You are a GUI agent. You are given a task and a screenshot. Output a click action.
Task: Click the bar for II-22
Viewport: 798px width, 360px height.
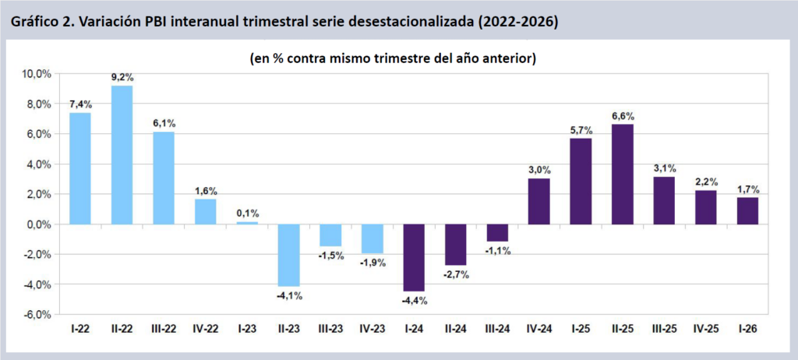tap(122, 155)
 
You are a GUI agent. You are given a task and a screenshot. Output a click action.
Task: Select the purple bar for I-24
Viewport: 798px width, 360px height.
tap(414, 258)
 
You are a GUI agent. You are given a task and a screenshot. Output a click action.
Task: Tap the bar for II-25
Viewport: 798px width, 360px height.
tap(623, 174)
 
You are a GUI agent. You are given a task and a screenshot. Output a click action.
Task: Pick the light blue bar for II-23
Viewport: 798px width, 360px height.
tap(289, 255)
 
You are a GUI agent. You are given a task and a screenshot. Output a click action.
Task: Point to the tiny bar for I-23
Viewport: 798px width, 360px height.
tap(247, 223)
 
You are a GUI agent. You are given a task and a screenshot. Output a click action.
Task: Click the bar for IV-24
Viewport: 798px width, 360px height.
tap(539, 202)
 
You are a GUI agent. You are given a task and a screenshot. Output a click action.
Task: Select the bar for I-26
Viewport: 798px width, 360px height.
tap(747, 211)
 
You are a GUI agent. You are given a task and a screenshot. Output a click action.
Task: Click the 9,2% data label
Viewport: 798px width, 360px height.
tap(122, 77)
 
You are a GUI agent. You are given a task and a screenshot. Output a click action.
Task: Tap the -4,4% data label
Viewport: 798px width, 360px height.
tap(415, 301)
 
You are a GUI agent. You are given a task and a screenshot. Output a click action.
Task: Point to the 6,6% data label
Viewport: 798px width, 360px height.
tap(623, 116)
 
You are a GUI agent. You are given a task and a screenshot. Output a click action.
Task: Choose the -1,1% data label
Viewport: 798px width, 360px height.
tap(497, 251)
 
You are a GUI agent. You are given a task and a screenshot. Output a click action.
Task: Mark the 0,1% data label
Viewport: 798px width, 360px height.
tap(247, 214)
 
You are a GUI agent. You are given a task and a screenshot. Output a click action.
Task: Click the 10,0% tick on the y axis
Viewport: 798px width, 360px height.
tap(37, 74)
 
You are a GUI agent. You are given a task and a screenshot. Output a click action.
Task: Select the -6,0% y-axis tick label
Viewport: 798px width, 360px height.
tap(37, 315)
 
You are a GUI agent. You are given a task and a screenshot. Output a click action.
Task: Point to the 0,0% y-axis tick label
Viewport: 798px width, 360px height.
tap(40, 224)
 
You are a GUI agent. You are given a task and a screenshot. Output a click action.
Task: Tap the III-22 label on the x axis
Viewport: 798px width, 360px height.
tap(164, 329)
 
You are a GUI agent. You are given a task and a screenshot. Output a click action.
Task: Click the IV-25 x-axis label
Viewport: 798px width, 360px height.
tap(706, 329)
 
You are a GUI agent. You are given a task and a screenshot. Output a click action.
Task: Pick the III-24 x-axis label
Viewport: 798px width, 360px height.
tap(497, 329)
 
